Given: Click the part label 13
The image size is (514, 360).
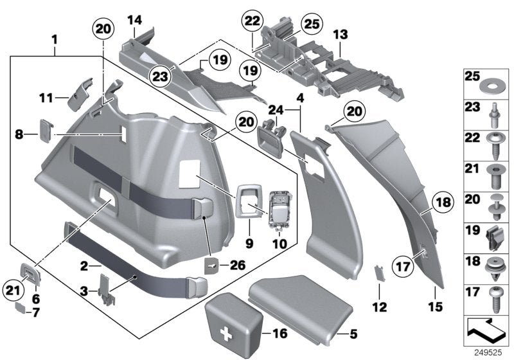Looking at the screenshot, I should [x=339, y=31].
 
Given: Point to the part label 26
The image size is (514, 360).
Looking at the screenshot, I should [x=240, y=263].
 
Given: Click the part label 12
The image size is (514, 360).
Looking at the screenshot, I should [x=380, y=307].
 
